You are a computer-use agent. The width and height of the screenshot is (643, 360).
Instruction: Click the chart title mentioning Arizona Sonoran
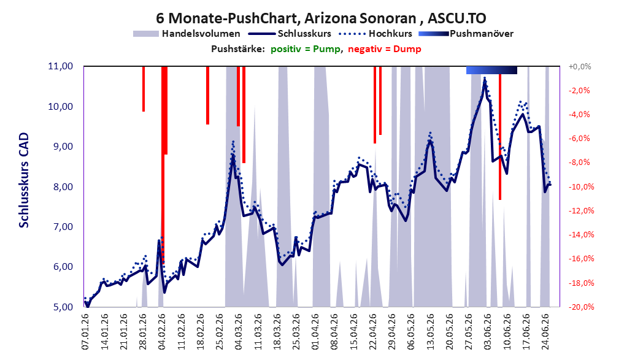[321, 18]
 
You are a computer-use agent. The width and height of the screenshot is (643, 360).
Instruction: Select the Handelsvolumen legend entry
[187, 34]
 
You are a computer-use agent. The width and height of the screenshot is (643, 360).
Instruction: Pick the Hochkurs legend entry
[375, 34]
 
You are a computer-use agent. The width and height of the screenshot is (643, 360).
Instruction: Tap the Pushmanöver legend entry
[466, 34]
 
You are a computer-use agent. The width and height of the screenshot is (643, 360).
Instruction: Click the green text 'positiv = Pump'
[306, 49]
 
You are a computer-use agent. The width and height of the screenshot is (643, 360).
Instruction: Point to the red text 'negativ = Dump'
[385, 49]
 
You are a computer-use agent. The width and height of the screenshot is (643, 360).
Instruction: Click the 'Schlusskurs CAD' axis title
[24, 180]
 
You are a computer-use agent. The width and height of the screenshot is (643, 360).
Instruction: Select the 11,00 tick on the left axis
[61, 66]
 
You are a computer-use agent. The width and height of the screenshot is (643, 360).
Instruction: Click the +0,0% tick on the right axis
[579, 66]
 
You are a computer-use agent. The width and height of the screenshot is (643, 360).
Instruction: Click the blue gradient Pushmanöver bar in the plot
[491, 70]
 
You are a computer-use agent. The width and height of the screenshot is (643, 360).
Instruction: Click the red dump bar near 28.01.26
[144, 88]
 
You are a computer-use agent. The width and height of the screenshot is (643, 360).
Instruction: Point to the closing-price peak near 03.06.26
[485, 82]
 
